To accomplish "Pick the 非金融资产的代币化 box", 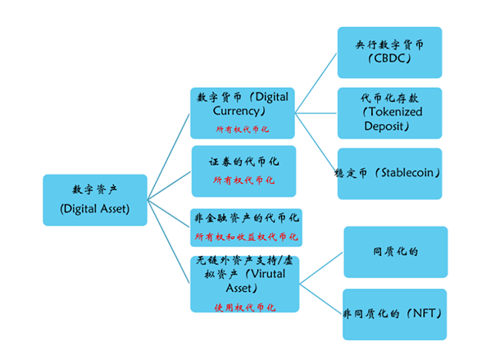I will pos(246,227).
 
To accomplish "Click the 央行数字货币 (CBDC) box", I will pos(390,52).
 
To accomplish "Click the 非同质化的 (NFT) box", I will pos(395,312).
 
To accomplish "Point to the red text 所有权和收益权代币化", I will pos(246,237).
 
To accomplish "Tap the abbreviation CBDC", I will pos(389,62).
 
